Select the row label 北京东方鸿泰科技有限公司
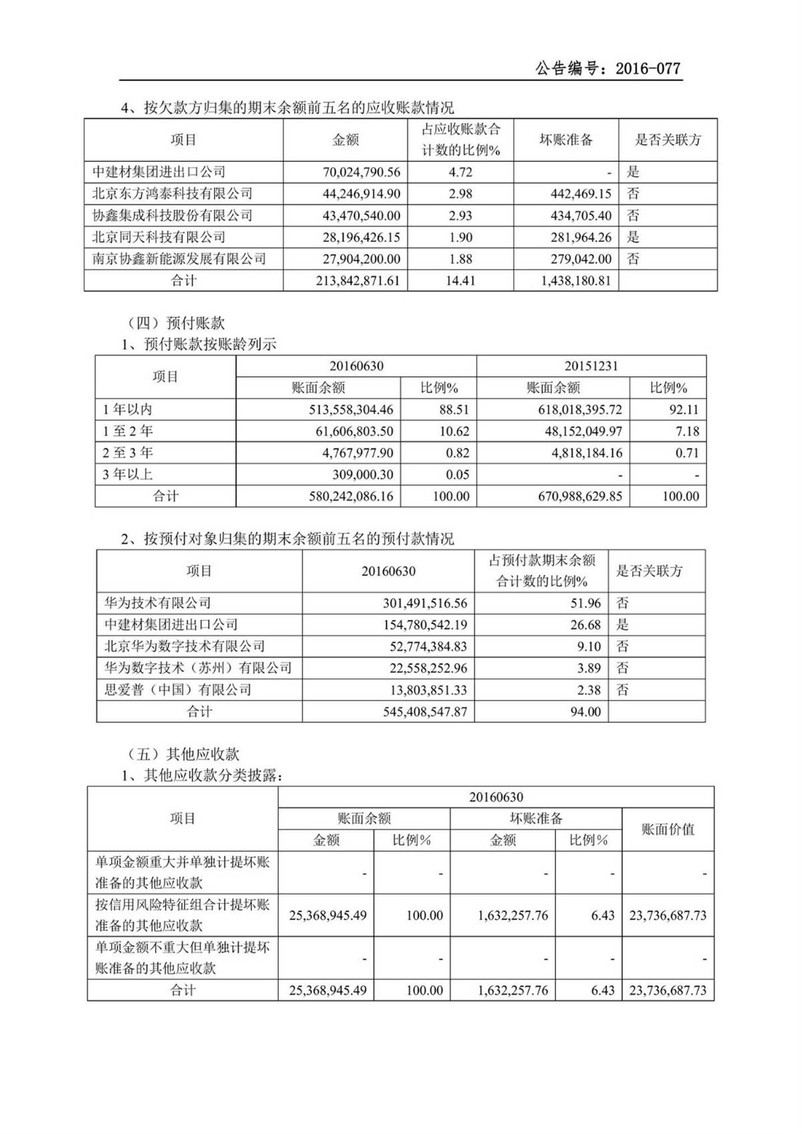[x=172, y=194]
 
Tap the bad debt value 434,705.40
[x=573, y=216]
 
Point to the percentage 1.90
[x=460, y=237]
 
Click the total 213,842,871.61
[x=358, y=281]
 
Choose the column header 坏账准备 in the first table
[x=565, y=140]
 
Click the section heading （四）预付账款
[x=176, y=323]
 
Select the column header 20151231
[x=591, y=366]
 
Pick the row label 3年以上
[x=128, y=474]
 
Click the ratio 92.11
[x=684, y=410]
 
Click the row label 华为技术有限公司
[x=158, y=603]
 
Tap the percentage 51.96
[x=585, y=603]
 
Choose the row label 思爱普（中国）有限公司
[x=178, y=690]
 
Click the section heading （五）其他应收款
[x=183, y=754]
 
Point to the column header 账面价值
[x=668, y=829]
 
